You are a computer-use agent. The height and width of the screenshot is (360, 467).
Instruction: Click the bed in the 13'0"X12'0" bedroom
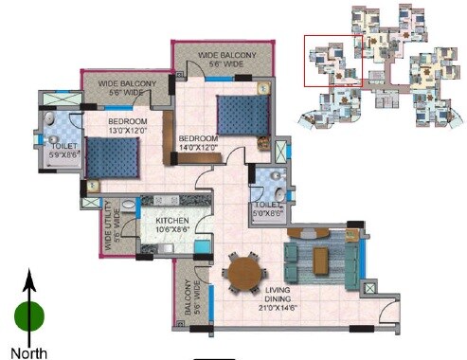[111, 156]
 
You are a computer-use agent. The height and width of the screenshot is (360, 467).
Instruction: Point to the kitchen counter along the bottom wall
[166, 249]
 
